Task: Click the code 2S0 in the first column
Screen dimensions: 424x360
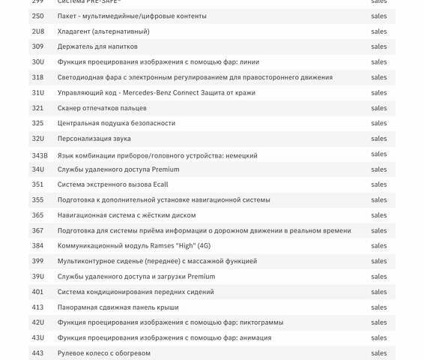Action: click(37, 16)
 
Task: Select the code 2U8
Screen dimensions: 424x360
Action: click(37, 31)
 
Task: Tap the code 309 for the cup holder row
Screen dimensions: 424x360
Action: click(37, 46)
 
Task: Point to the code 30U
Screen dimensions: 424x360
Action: click(37, 62)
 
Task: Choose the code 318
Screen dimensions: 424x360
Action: click(37, 77)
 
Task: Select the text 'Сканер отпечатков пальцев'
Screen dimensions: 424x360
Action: click(102, 108)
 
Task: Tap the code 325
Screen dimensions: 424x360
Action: click(37, 123)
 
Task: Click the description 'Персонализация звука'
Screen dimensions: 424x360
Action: click(94, 139)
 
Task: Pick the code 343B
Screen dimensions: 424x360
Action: click(40, 155)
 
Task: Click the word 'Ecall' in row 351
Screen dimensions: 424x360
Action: click(160, 184)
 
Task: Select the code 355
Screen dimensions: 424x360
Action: click(37, 200)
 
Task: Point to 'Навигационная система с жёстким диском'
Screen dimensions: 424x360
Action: click(127, 215)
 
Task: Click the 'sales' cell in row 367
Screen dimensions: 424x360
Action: click(379, 231)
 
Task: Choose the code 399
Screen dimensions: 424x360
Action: click(37, 261)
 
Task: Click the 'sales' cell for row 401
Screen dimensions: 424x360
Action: click(379, 292)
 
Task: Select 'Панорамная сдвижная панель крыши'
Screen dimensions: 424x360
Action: click(118, 307)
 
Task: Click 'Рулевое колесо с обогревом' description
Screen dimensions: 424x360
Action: click(103, 353)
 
